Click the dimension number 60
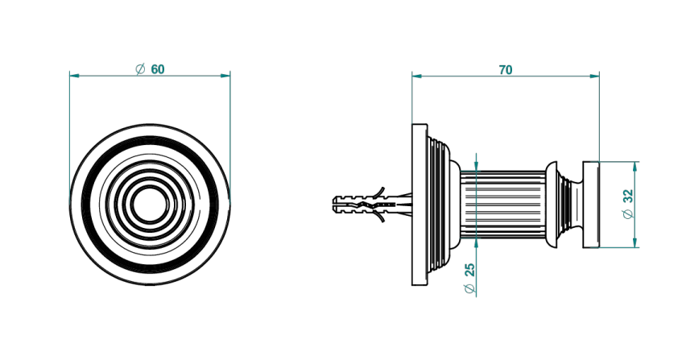[x=158, y=69]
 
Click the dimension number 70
[x=506, y=69]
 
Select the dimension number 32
[x=628, y=196]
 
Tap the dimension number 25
[x=470, y=270]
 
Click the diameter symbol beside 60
[x=140, y=69]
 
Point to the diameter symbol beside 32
[x=628, y=213]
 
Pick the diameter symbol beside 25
[x=470, y=288]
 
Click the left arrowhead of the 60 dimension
[x=75, y=76]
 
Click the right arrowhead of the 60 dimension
[x=225, y=76]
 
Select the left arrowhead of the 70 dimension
[x=417, y=77]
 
